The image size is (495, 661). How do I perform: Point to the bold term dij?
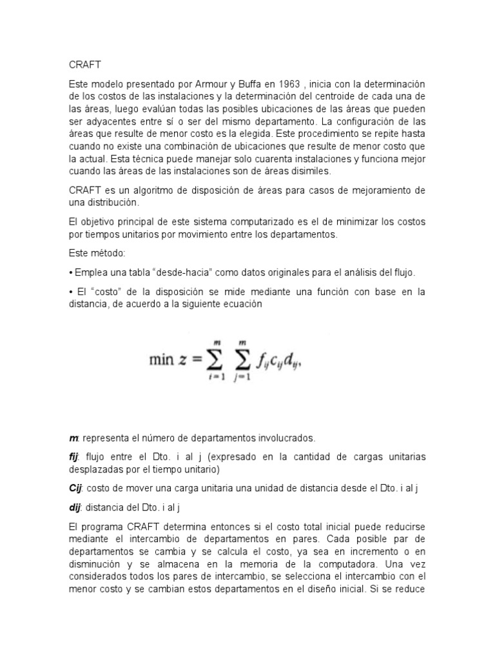coord(75,507)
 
